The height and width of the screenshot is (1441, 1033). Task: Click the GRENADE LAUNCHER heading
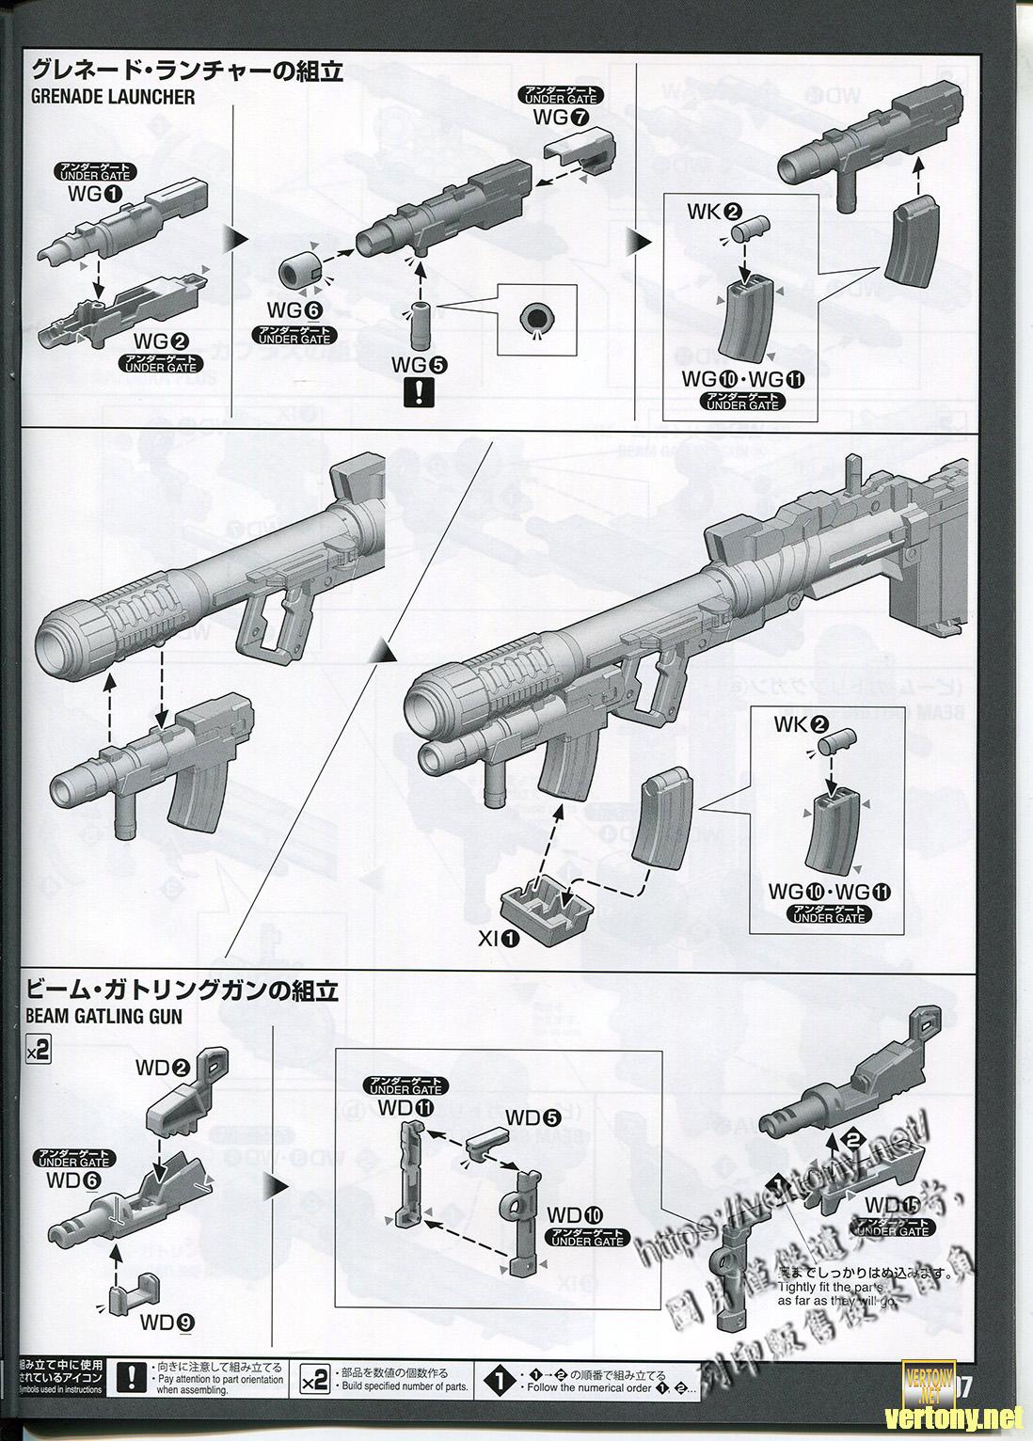pyautogui.click(x=113, y=97)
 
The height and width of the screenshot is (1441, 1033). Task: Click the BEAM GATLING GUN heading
pyautogui.click(x=103, y=1016)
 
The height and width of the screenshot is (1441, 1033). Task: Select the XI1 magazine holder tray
pyautogui.click(x=550, y=903)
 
